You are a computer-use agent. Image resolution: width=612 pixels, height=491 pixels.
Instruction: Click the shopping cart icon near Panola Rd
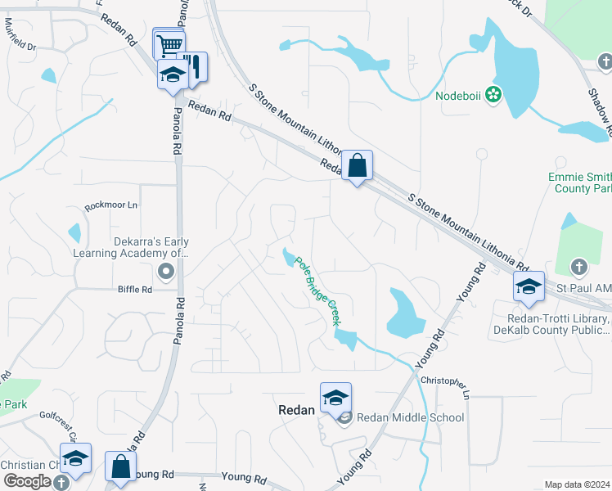pos(169,44)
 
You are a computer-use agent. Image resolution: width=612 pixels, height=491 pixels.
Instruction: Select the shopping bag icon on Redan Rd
pos(358,166)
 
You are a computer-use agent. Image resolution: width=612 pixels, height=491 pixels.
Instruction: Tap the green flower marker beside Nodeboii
pos(493,95)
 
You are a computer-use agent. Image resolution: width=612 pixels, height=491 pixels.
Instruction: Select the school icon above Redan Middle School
pos(335,398)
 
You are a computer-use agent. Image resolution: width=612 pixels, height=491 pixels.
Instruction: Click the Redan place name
pos(295,410)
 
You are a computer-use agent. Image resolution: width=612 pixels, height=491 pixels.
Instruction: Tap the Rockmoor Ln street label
pos(111,205)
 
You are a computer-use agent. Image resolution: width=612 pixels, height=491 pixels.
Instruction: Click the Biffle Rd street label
pos(135,289)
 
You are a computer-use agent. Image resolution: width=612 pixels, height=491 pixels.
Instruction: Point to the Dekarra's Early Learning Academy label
pos(151,247)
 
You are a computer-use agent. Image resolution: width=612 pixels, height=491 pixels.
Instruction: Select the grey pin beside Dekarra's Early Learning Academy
pos(168,271)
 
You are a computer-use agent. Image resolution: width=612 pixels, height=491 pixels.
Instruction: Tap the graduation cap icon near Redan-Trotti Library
pos(529,287)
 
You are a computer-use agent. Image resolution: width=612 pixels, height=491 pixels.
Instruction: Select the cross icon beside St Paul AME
pos(578,267)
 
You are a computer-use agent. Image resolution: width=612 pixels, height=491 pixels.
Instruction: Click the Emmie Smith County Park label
pos(579,182)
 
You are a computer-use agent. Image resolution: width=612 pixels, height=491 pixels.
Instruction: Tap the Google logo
pos(26,480)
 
